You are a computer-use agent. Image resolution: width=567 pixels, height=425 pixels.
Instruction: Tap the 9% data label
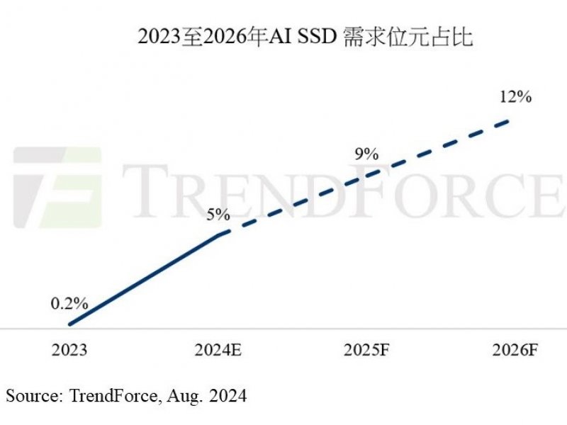tap(366, 154)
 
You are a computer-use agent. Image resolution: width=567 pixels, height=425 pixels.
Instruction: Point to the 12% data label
tap(515, 97)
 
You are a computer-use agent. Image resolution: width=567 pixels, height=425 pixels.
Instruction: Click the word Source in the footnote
tap(31, 395)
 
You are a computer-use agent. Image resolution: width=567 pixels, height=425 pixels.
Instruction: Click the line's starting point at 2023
tap(69, 324)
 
